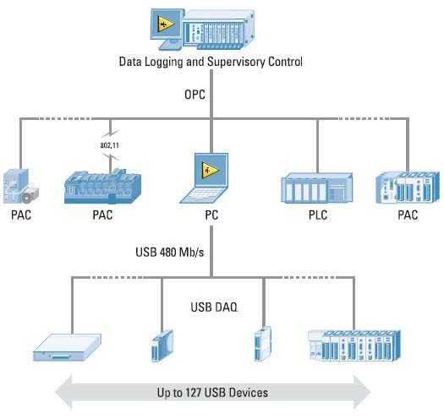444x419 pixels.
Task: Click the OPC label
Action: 195,95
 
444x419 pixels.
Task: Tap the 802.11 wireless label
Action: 110,145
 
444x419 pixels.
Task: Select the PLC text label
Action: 318,215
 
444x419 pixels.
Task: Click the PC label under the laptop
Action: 211,215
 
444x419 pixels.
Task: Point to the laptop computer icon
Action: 205,178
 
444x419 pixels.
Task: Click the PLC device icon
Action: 317,188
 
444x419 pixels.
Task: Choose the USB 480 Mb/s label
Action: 170,252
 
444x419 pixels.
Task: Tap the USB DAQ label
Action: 214,307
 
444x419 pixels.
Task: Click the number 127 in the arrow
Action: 195,393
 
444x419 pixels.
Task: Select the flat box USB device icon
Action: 68,347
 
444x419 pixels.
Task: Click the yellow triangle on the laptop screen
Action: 210,171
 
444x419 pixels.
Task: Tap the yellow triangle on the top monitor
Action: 166,24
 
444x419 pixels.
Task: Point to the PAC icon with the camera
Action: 21,186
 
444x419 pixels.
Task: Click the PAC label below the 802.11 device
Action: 102,215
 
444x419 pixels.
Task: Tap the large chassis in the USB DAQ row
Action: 354,346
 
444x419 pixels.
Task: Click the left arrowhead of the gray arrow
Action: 63,393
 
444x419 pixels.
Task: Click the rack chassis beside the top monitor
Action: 218,30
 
